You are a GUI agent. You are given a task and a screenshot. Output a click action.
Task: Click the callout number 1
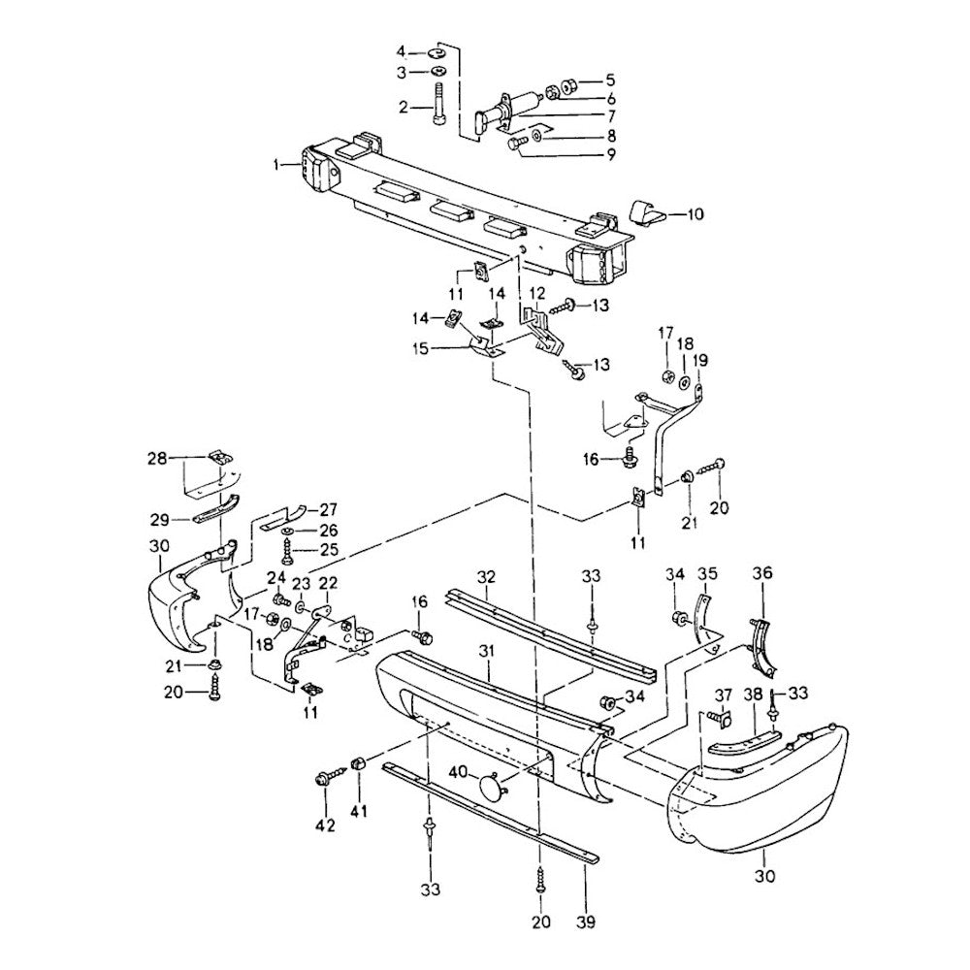278,165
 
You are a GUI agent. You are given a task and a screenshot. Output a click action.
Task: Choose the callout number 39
588,920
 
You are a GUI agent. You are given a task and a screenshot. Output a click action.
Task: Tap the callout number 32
486,576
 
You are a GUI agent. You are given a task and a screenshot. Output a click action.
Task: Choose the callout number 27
329,508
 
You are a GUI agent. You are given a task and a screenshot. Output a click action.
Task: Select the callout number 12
536,293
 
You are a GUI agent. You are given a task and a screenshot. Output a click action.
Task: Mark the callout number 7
583,115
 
